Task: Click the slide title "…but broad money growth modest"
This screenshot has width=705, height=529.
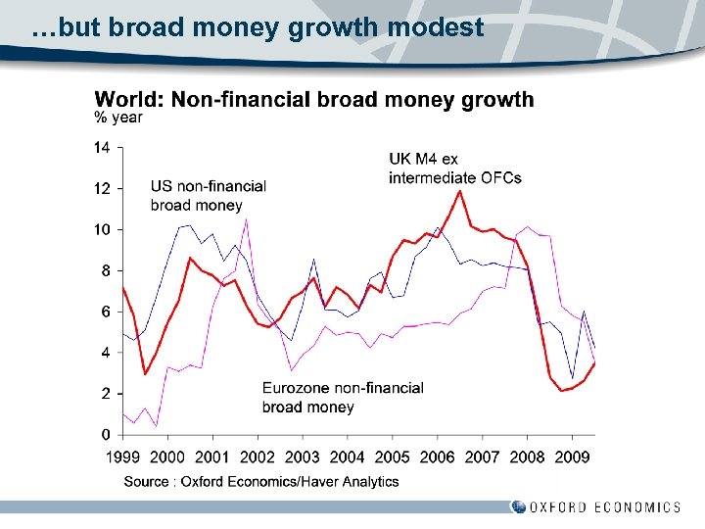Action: [258, 27]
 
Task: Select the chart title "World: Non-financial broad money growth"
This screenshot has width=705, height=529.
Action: [313, 99]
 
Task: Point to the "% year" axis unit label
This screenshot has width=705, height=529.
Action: [118, 118]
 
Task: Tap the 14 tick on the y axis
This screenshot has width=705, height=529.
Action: [102, 148]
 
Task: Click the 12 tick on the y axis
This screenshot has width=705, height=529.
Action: [102, 189]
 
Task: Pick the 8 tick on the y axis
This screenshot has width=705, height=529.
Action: [105, 270]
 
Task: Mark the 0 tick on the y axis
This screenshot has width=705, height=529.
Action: [105, 434]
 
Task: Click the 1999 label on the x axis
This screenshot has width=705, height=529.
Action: [123, 457]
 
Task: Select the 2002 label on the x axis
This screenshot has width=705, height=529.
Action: [258, 457]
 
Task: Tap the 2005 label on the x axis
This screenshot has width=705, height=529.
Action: [392, 457]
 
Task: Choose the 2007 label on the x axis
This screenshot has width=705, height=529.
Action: [482, 457]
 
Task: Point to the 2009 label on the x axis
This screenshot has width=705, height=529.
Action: [572, 457]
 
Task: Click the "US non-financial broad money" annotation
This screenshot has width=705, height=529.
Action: [208, 196]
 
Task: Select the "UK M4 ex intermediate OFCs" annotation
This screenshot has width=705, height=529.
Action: [454, 168]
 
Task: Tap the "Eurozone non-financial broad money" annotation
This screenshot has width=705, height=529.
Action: [343, 397]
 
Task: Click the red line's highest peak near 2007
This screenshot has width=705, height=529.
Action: [460, 190]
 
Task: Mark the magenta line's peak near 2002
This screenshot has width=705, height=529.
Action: [246, 219]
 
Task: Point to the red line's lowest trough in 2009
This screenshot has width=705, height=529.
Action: [562, 391]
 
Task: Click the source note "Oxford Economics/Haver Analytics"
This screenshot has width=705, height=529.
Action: [261, 481]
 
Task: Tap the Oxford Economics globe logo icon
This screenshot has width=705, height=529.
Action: [518, 506]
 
